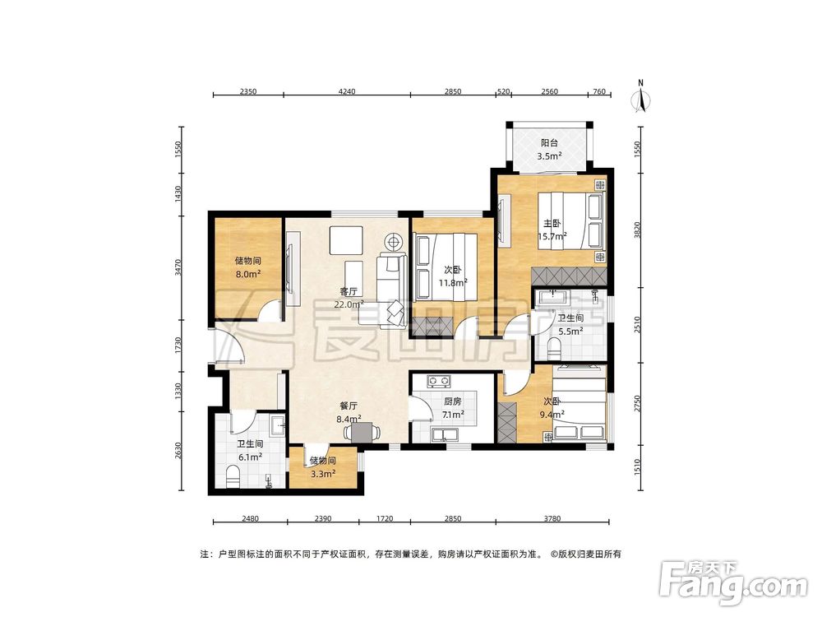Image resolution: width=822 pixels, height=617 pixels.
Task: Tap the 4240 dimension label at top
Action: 347,91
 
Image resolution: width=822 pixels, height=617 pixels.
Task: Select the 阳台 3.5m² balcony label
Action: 549,149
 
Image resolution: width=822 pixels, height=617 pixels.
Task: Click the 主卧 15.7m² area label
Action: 552,230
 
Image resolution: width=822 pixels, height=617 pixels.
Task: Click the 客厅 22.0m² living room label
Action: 349,298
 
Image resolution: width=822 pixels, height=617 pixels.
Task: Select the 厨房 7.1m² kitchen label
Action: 452,408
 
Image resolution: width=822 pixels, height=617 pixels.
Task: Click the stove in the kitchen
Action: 439,380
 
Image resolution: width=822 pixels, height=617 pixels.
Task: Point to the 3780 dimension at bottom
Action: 552,518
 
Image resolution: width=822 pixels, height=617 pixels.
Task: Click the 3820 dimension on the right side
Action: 637,230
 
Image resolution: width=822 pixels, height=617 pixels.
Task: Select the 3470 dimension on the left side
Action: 178,268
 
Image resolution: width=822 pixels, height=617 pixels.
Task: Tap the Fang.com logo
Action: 733,582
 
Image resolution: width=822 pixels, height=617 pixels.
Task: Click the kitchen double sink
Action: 444,435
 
